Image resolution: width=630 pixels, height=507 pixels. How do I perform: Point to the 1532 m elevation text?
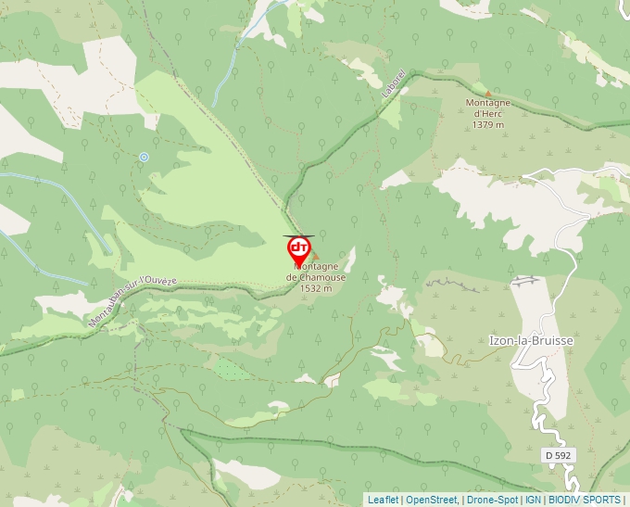click(x=316, y=288)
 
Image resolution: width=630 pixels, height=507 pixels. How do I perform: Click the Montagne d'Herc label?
click(x=488, y=108)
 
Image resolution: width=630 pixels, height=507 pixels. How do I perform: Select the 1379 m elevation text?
click(x=487, y=124)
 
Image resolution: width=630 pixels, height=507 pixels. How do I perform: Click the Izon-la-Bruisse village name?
click(x=531, y=340)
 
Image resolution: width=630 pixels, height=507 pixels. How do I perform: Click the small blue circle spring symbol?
click(x=144, y=158)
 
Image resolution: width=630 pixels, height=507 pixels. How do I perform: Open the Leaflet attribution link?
click(x=383, y=500)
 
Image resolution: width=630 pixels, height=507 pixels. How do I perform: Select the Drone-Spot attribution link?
click(x=492, y=500)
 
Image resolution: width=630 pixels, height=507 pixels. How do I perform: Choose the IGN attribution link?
click(x=534, y=500)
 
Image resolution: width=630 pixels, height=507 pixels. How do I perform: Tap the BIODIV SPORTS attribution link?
click(x=585, y=500)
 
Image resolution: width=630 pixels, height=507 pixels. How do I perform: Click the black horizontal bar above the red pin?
click(x=298, y=235)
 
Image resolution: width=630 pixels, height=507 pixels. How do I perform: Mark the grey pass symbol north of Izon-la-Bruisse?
click(x=525, y=280)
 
